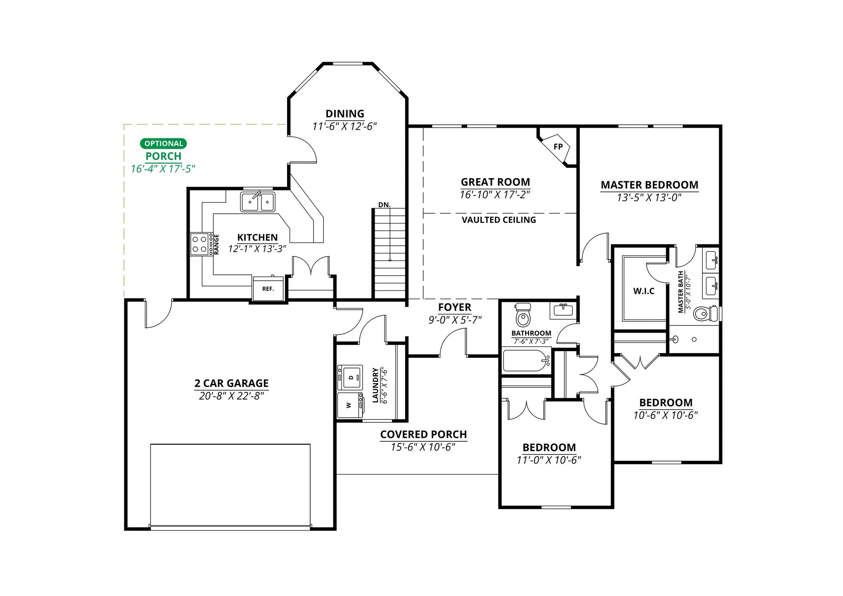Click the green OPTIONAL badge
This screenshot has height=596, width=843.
click(x=164, y=143)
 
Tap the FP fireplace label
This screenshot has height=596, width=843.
click(x=558, y=147)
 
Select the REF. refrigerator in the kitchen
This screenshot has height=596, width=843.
click(x=268, y=289)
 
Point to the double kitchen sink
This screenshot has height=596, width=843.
click(x=258, y=202)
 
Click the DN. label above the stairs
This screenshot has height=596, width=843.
click(x=384, y=205)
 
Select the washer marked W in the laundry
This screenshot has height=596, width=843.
click(x=350, y=405)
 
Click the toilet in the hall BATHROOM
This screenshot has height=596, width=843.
click(x=523, y=314)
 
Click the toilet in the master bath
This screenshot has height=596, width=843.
click(x=706, y=314)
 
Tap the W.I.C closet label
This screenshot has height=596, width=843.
click(x=644, y=291)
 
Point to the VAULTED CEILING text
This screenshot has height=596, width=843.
click(x=499, y=220)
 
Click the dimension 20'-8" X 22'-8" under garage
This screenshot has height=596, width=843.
click(x=231, y=396)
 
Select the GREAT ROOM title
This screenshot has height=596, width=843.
click(x=495, y=182)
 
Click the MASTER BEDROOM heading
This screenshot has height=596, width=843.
click(x=650, y=185)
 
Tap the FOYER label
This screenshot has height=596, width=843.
click(x=455, y=307)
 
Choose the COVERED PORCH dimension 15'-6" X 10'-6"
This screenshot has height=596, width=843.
click(x=423, y=447)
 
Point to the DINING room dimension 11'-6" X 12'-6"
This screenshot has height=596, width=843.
click(x=344, y=126)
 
